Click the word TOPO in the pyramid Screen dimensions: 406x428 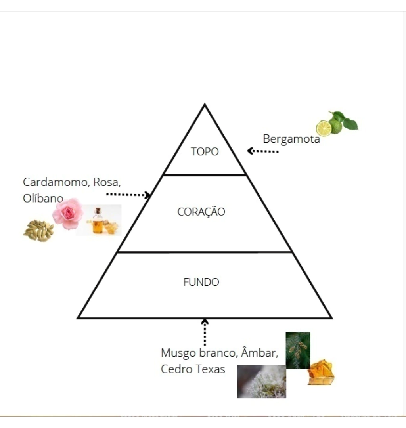[x=205, y=151]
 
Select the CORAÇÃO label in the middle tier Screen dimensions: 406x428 [x=201, y=212]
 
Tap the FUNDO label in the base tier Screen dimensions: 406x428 [x=201, y=282]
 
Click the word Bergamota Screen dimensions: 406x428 [x=291, y=139]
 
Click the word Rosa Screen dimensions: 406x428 [x=107, y=182]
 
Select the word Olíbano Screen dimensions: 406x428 [x=43, y=198]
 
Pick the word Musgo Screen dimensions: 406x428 [x=178, y=353]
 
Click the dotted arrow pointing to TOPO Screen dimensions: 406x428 [x=262, y=151]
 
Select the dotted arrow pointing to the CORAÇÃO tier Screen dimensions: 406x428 [x=128, y=195]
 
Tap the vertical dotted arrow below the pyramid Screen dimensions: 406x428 [x=205, y=332]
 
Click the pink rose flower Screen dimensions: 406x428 [x=68, y=214]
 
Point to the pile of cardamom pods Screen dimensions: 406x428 [x=38, y=231]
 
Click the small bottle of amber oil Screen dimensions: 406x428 [x=98, y=221]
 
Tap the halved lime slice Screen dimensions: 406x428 [x=324, y=128]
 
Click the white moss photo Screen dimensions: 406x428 [x=262, y=382]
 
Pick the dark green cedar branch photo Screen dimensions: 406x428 [x=298, y=350]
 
